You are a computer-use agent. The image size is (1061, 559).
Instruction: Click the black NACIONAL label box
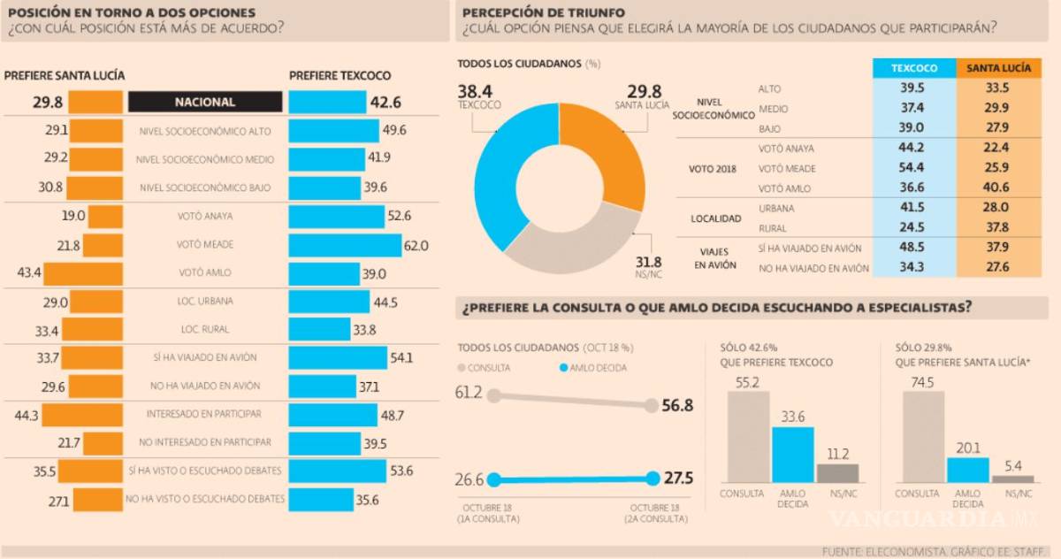coord(205,102)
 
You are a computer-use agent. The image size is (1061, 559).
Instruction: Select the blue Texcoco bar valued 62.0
coord(345,245)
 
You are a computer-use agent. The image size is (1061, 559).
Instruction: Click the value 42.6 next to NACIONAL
coord(385,102)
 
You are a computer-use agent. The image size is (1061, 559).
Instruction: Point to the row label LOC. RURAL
coord(205,329)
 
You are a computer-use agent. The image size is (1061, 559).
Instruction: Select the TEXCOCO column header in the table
coord(914,68)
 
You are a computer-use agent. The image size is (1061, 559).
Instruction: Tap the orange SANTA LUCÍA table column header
coord(999,68)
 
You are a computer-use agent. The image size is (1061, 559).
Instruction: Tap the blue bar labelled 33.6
coord(792,455)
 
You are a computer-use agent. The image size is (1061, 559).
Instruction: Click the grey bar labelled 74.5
coord(924,436)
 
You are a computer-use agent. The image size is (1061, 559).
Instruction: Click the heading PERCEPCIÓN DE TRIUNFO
coord(543,12)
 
